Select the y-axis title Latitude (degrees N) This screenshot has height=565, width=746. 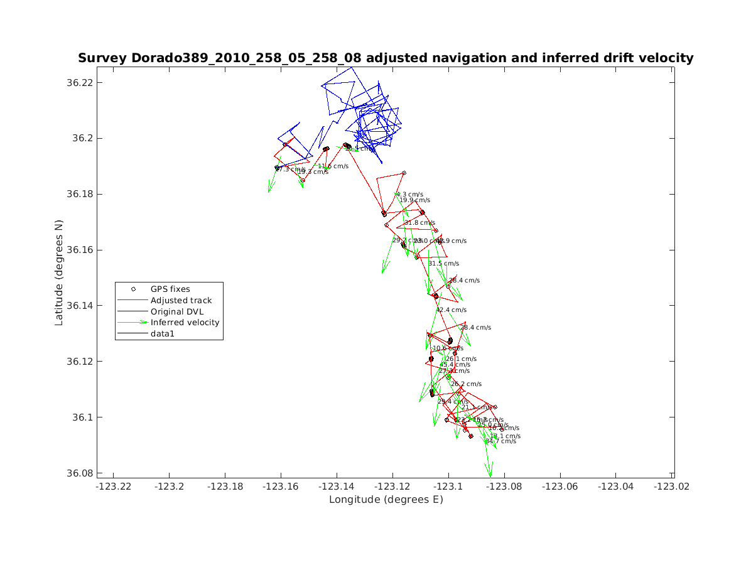[59, 272]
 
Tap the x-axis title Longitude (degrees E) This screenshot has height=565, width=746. [386, 500]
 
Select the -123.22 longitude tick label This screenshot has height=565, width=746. [114, 486]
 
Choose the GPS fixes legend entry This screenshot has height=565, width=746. [170, 289]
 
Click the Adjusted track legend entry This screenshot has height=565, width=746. [181, 301]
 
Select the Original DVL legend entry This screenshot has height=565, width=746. [177, 311]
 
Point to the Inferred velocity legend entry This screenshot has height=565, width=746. [185, 323]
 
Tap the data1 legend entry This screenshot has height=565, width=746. [163, 334]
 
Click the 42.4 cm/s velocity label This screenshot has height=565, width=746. [451, 310]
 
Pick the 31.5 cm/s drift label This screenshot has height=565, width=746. [443, 264]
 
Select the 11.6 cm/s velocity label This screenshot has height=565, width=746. [333, 166]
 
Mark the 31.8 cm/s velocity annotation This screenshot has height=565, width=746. [419, 223]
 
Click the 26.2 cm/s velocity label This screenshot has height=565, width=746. [466, 384]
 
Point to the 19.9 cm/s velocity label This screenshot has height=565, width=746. [415, 200]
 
